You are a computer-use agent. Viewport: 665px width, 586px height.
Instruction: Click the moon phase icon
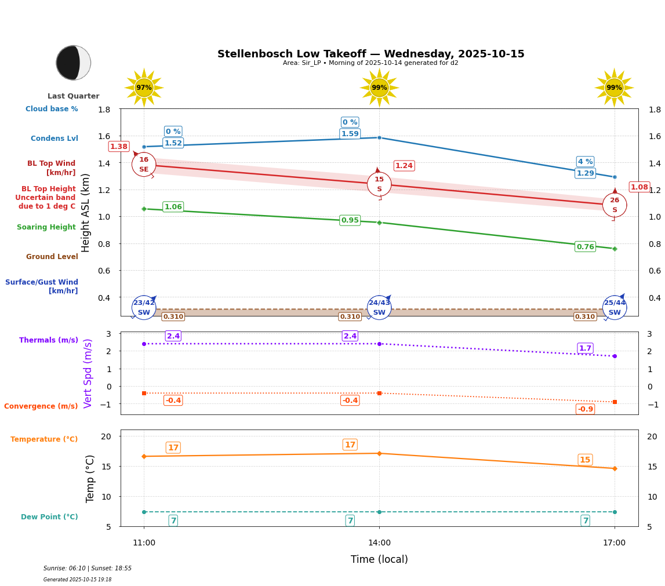click(x=73, y=63)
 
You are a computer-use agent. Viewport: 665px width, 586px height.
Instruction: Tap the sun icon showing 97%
click(x=144, y=88)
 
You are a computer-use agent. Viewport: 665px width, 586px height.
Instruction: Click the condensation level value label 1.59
click(x=350, y=134)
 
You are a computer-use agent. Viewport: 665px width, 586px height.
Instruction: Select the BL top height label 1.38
click(x=119, y=147)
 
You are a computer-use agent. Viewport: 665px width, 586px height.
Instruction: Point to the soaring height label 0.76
click(x=585, y=247)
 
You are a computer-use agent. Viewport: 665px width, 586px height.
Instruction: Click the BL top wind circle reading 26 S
click(x=615, y=205)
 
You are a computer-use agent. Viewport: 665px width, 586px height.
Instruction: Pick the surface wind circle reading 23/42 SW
click(x=144, y=308)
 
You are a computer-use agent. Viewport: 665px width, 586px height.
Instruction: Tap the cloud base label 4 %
click(x=585, y=162)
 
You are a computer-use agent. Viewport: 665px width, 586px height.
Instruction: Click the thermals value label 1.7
click(x=585, y=348)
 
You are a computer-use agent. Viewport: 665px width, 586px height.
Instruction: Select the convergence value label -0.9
click(x=585, y=409)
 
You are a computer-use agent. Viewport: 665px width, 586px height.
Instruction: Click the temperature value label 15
click(x=585, y=460)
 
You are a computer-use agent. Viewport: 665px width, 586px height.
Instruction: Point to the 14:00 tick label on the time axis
click(x=379, y=543)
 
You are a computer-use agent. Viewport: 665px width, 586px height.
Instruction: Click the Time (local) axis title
click(x=379, y=559)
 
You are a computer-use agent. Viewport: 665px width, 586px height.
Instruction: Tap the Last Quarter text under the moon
click(x=73, y=96)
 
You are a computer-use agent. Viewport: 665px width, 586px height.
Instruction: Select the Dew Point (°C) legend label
click(x=49, y=517)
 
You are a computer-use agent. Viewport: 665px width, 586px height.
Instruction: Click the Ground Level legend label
click(x=52, y=257)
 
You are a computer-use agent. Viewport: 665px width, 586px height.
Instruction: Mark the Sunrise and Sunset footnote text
click(x=88, y=569)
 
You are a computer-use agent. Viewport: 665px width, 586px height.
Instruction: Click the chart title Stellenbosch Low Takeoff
click(x=370, y=54)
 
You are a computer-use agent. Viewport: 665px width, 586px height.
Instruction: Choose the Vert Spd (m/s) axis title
click(x=88, y=373)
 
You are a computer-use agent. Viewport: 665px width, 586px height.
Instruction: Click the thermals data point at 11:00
click(x=144, y=344)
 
